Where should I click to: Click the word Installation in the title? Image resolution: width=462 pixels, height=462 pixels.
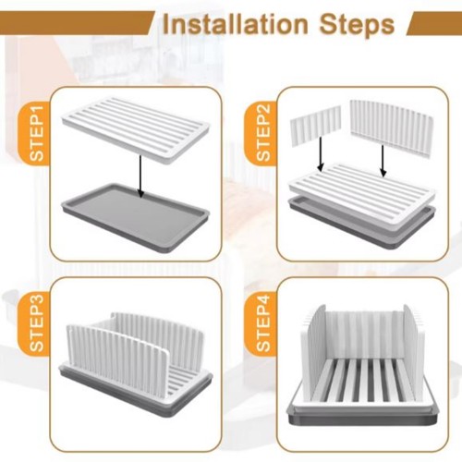(236, 24)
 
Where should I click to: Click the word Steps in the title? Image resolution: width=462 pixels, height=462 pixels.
(357, 26)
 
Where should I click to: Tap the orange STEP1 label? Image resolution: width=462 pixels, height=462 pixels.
(36, 133)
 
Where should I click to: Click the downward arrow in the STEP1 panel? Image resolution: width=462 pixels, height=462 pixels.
(140, 176)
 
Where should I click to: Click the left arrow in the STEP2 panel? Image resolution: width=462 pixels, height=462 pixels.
(321, 153)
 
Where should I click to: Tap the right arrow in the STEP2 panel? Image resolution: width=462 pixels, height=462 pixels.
(383, 161)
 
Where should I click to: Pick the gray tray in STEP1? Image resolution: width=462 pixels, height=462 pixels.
(136, 218)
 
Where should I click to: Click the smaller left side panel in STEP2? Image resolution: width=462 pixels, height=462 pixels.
(315, 125)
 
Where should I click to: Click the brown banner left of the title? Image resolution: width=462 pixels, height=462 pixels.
(76, 22)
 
